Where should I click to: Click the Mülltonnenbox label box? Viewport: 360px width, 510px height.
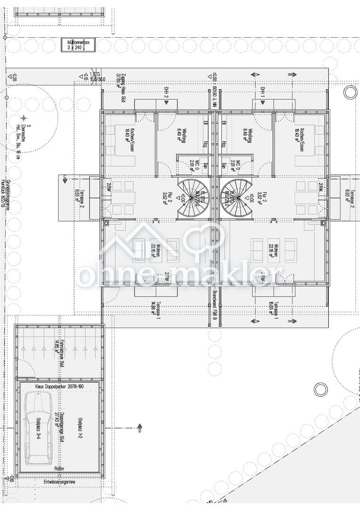[78, 45]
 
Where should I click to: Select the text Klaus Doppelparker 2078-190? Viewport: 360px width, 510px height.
[59, 386]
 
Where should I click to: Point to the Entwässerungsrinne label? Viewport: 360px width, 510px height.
[59, 482]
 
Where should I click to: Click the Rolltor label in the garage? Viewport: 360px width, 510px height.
[59, 468]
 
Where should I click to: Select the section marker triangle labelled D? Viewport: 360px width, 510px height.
[140, 426]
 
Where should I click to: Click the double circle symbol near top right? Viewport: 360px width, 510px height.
[350, 92]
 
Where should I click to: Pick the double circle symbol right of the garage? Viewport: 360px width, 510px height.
[321, 390]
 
